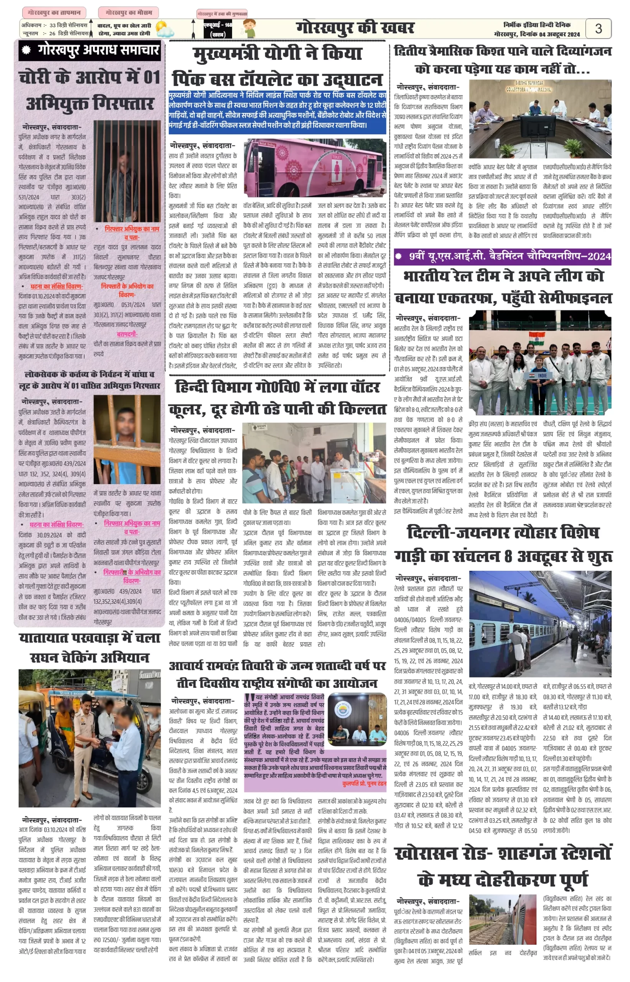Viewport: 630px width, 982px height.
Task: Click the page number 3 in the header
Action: tap(598, 29)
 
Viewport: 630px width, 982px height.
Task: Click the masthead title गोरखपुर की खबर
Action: tap(355, 28)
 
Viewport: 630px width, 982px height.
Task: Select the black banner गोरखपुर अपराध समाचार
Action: tap(90, 50)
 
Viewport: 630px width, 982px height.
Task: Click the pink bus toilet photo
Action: tap(315, 168)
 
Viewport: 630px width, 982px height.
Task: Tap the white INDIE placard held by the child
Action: tap(543, 375)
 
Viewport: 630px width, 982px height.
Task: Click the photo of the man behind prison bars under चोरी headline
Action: tap(127, 171)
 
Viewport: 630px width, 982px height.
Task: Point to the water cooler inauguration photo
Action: tap(314, 463)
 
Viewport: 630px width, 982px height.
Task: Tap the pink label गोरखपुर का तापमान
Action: tap(54, 13)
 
